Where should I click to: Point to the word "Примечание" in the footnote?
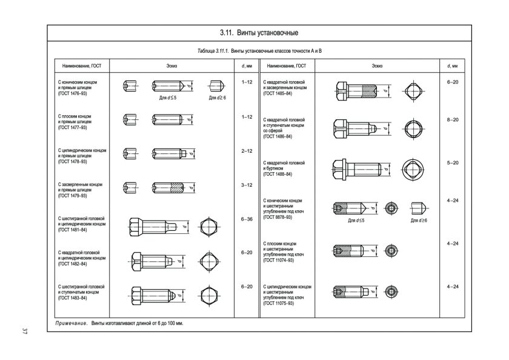[x=72, y=324]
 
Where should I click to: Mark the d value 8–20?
[x=452, y=120]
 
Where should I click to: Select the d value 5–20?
[x=452, y=162]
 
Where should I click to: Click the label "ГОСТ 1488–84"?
[x=278, y=174]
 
